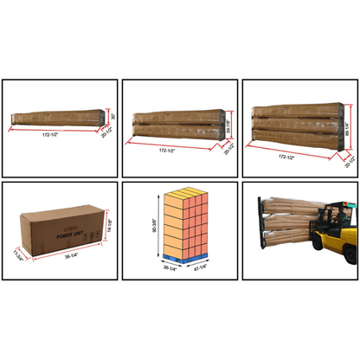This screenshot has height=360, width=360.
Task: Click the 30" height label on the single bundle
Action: pos(112,113)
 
